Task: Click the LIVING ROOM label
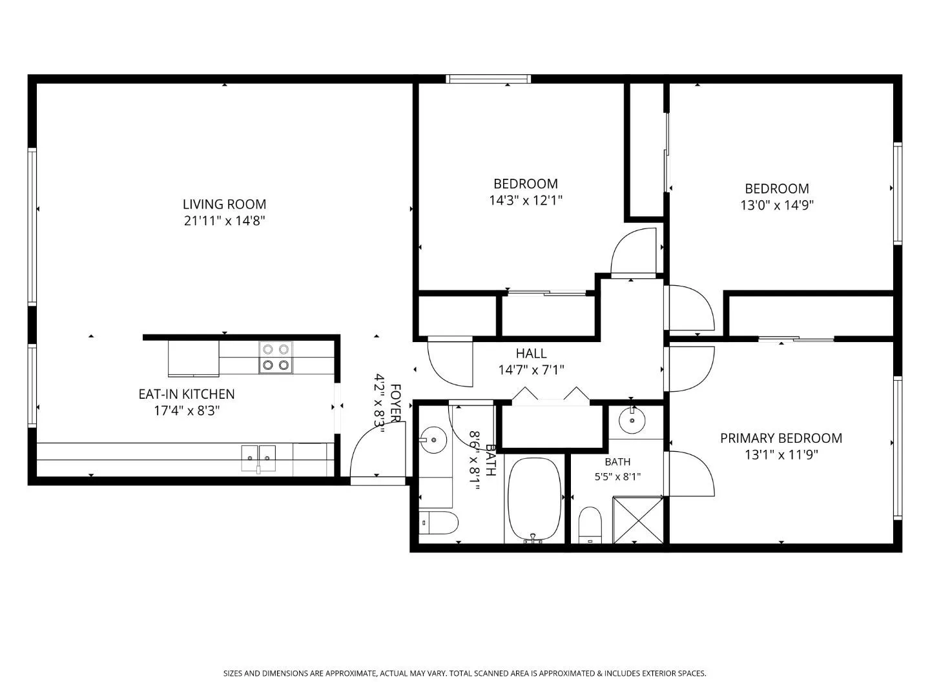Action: [224, 205]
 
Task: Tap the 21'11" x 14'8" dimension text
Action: [224, 221]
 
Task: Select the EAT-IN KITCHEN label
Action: [187, 394]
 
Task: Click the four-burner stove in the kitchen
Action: [276, 357]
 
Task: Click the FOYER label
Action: [395, 403]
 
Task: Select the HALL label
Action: [531, 354]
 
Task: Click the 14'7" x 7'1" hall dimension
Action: [531, 370]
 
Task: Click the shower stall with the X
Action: [637, 520]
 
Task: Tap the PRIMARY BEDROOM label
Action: [781, 438]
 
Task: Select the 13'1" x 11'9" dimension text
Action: [781, 455]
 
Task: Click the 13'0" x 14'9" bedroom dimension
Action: [777, 205]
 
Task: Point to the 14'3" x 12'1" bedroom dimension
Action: [525, 200]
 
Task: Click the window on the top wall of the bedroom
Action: [488, 79]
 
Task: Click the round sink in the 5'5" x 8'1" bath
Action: [632, 420]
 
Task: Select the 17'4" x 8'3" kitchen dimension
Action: [187, 410]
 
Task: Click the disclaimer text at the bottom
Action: [465, 673]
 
